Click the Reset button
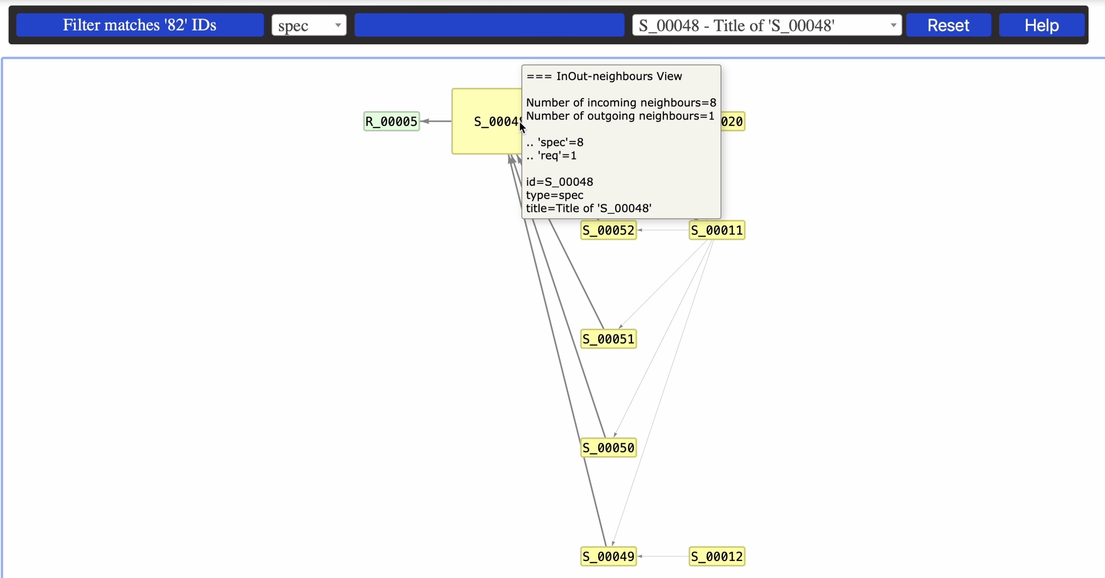pyautogui.click(x=948, y=25)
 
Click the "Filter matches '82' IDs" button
pyautogui.click(x=140, y=25)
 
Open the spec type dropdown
pyautogui.click(x=309, y=25)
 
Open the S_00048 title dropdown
pyautogui.click(x=766, y=25)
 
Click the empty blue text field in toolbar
pyautogui.click(x=489, y=25)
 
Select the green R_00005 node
pyautogui.click(x=391, y=121)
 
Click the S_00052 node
pyautogui.click(x=608, y=230)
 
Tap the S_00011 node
pyautogui.click(x=717, y=230)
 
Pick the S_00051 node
pyautogui.click(x=608, y=339)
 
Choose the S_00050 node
pyautogui.click(x=608, y=448)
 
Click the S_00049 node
pyautogui.click(x=608, y=556)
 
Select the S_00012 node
pyautogui.click(x=717, y=556)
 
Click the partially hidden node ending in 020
pyautogui.click(x=733, y=121)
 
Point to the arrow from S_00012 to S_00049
pyautogui.click(x=663, y=556)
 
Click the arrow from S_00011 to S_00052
pyautogui.click(x=663, y=230)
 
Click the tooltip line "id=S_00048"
pyautogui.click(x=559, y=182)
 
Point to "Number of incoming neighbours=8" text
pyautogui.click(x=621, y=103)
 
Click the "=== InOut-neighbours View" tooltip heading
pyautogui.click(x=604, y=76)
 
